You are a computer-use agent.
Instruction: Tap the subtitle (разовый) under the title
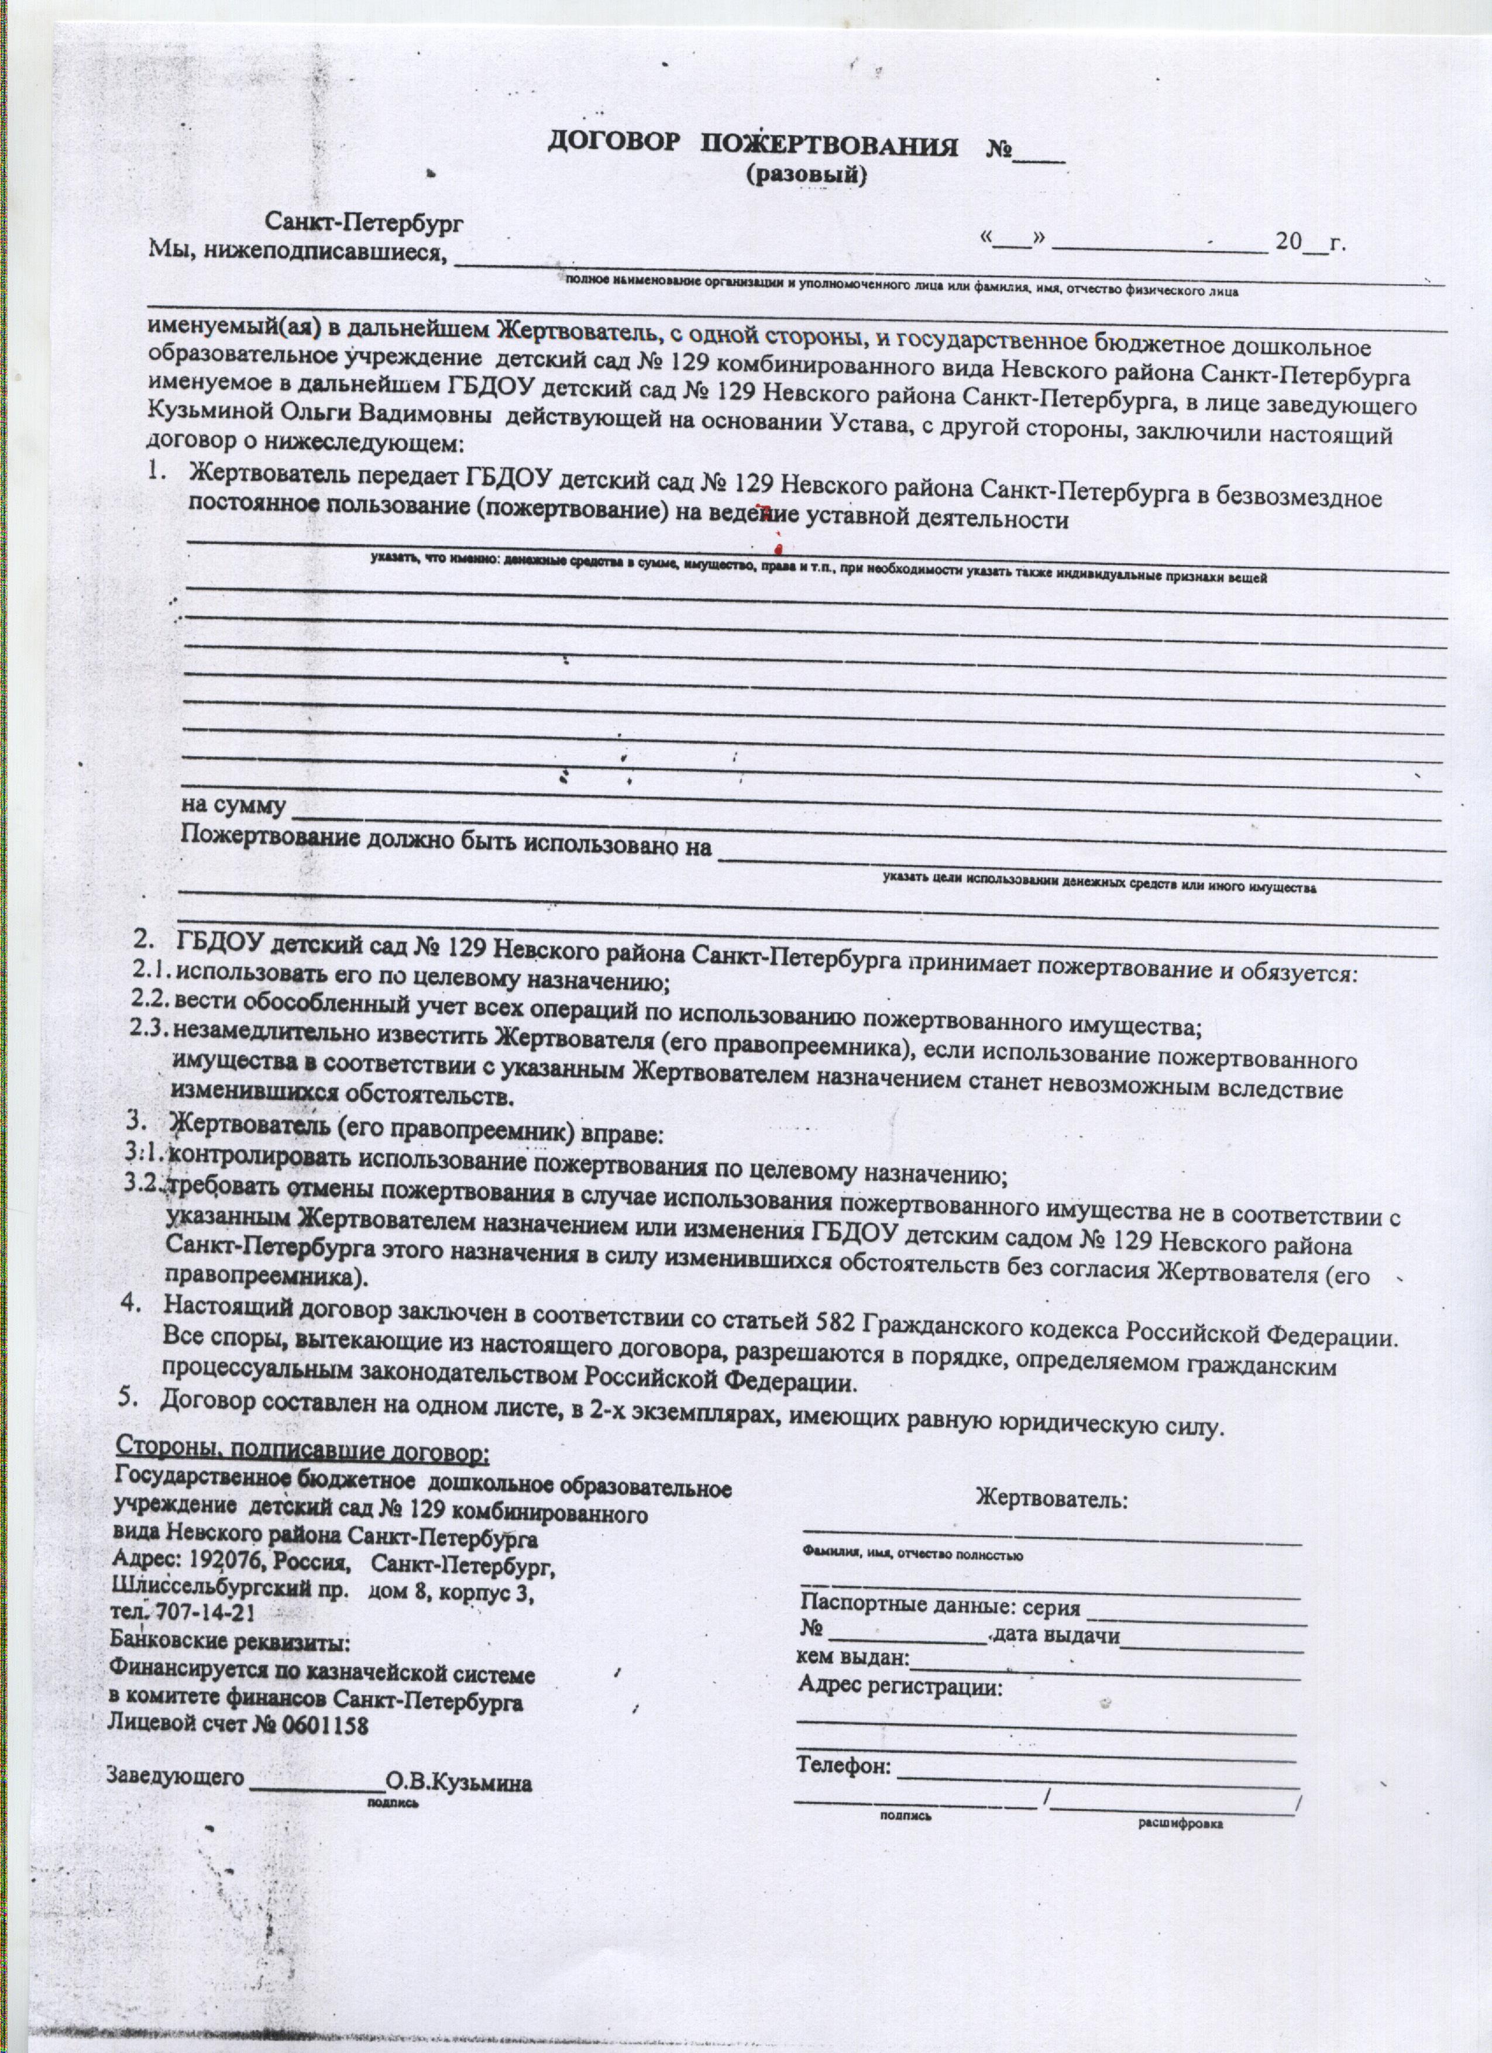point(805,177)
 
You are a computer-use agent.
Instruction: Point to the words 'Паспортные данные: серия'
point(941,1608)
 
